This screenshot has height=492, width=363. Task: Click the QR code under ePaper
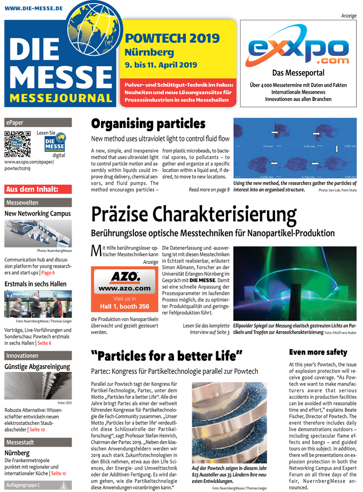[x=17, y=144]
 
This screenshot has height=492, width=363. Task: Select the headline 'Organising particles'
[x=148, y=124]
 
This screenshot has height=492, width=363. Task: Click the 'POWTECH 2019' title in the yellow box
[x=172, y=38]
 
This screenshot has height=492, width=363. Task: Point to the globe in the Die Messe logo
[x=95, y=24]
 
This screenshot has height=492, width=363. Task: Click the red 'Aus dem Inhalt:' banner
[x=38, y=189]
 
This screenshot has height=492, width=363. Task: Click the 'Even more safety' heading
[x=318, y=352]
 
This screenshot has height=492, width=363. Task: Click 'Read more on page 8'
[x=209, y=190]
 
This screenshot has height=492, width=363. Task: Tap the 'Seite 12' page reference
[x=58, y=473]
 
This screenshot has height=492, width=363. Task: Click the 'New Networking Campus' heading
[x=37, y=214]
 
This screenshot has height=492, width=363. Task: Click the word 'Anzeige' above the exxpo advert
[x=349, y=16]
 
